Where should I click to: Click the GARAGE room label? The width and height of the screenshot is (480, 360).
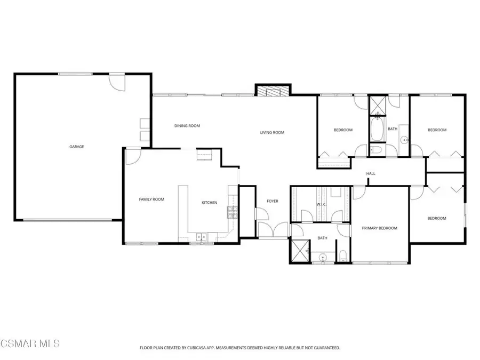[76, 146]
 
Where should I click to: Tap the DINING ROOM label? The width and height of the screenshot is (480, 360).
[187, 126]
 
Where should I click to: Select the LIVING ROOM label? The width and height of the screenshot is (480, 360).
[272, 133]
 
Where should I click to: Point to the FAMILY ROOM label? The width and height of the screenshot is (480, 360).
[151, 199]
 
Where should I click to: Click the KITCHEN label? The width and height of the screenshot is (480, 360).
[209, 203]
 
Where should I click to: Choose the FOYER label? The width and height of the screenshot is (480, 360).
[273, 201]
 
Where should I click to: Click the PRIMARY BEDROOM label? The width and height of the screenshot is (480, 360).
[380, 228]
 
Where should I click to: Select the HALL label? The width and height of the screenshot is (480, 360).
[371, 174]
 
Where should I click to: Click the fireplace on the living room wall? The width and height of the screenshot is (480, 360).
[273, 91]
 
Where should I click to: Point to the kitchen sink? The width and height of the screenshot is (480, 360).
[201, 237]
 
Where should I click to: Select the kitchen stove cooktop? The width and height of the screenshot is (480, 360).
[232, 212]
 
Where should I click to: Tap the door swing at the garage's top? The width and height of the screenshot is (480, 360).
[116, 83]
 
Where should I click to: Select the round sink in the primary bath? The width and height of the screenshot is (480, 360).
[322, 258]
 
